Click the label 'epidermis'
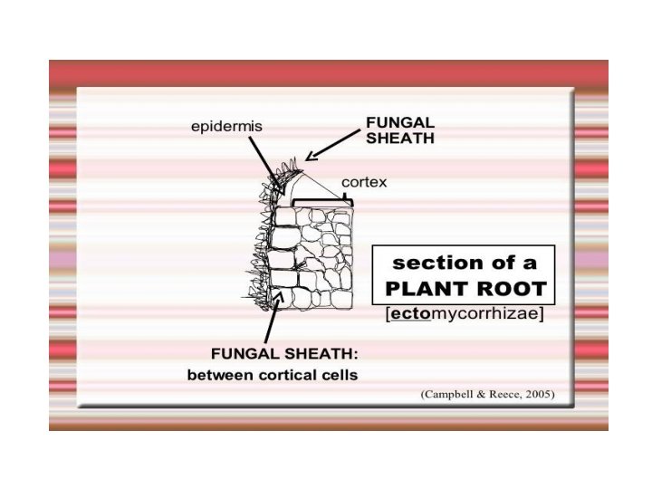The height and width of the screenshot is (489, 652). point(226,127)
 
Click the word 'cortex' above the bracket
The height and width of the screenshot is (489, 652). point(364,182)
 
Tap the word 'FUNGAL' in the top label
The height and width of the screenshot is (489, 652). point(399,121)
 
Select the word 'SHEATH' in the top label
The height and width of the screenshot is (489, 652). point(399,139)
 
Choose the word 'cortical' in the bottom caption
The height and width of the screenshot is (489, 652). point(280,374)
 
